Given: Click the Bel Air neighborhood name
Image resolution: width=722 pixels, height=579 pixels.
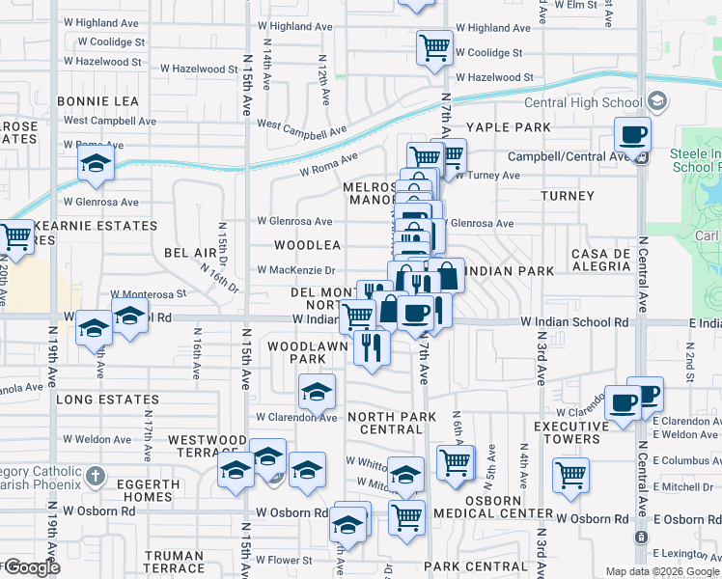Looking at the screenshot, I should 187,252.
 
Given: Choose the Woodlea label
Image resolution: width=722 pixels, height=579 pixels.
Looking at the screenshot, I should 307,246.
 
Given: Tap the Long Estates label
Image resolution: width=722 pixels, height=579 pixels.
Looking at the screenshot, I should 107,400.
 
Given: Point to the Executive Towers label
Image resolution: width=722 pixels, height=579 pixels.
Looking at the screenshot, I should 567,432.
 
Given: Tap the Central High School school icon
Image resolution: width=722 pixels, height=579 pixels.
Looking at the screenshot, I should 657,101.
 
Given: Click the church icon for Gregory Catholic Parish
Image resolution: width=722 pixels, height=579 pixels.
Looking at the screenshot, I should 95,475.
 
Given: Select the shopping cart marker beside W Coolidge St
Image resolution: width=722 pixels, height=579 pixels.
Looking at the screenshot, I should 434,46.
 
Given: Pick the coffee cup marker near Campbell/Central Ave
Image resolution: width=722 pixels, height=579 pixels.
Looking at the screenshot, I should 632,135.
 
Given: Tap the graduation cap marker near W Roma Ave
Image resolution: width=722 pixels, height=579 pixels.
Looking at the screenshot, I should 97,163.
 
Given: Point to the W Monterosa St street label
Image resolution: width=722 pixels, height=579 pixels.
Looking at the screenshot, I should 148,293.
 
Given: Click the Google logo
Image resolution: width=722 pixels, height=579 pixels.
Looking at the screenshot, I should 31,567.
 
